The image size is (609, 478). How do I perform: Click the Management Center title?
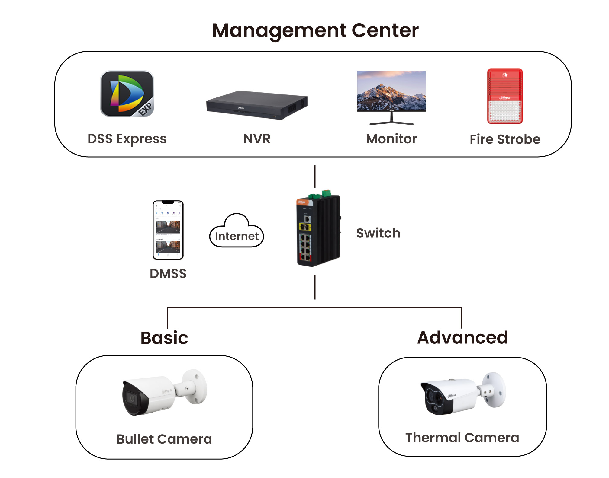[x=315, y=31]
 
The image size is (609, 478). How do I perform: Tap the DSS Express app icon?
[x=127, y=94]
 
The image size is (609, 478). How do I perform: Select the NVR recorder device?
[x=257, y=105]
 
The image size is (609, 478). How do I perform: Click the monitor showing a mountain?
[x=391, y=91]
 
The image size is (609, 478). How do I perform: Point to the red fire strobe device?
[x=505, y=96]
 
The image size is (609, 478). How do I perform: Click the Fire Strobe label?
[x=505, y=139]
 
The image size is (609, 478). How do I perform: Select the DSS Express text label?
[x=127, y=139]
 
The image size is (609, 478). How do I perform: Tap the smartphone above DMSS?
[x=168, y=230]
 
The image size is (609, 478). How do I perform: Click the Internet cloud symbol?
[x=237, y=232]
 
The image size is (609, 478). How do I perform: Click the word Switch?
[x=378, y=233]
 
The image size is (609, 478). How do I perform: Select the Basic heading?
[x=164, y=338]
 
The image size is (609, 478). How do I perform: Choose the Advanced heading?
[x=462, y=338]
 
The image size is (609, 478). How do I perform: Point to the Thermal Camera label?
[x=462, y=438]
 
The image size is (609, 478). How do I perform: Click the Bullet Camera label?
[x=164, y=439]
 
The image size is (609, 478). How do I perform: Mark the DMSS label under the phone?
[x=168, y=274]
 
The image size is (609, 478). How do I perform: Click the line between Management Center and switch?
[x=315, y=177]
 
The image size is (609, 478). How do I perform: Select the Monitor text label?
[x=391, y=139]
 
